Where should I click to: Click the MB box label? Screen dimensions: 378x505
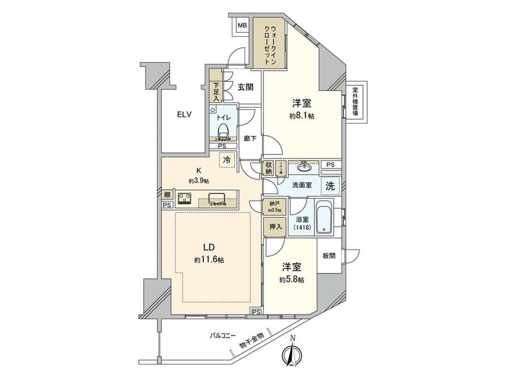pyautogui.click(x=242, y=25)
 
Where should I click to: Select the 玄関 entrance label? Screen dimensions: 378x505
pyautogui.click(x=245, y=87)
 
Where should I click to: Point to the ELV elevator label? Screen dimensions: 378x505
pyautogui.click(x=184, y=115)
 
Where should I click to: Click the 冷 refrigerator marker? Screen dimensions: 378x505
pyautogui.click(x=226, y=160)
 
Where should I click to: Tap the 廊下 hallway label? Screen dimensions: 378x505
pyautogui.click(x=250, y=139)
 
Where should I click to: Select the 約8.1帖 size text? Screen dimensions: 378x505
pyautogui.click(x=303, y=116)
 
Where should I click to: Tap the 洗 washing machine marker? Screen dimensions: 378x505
pyautogui.click(x=330, y=185)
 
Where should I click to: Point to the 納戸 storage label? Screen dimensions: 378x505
pyautogui.click(x=274, y=205)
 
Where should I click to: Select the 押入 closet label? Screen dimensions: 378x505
pyautogui.click(x=274, y=225)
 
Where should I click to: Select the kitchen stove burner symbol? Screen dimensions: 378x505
pyautogui.click(x=185, y=198)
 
